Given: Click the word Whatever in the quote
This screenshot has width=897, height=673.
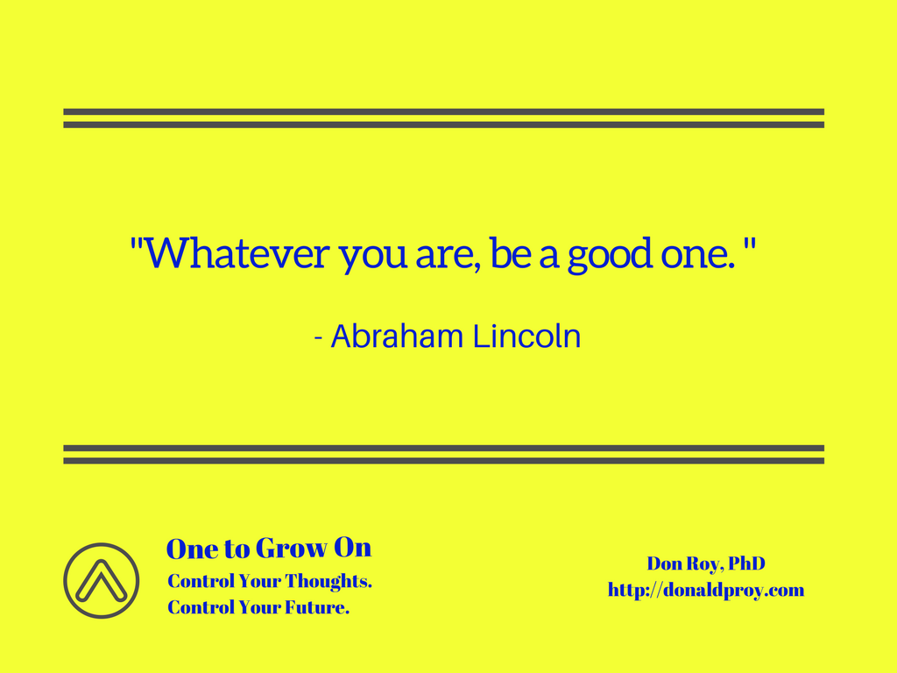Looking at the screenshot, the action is click(237, 253).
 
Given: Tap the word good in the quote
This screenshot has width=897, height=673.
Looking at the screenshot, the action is click(610, 255).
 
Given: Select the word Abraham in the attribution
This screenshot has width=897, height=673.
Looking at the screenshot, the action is click(397, 336).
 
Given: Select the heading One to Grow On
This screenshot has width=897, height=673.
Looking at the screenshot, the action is click(269, 548).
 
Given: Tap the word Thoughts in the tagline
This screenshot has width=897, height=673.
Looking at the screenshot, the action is click(328, 581).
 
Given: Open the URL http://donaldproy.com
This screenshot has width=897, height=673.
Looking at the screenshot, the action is click(706, 590).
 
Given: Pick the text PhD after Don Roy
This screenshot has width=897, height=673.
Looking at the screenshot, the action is click(746, 563).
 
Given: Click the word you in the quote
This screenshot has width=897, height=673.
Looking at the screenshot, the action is click(373, 259).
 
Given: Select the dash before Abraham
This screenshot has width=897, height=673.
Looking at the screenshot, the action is click(319, 338).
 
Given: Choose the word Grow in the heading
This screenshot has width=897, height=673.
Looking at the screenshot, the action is click(291, 548).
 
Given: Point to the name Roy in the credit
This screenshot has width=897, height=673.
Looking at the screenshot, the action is click(703, 565).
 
